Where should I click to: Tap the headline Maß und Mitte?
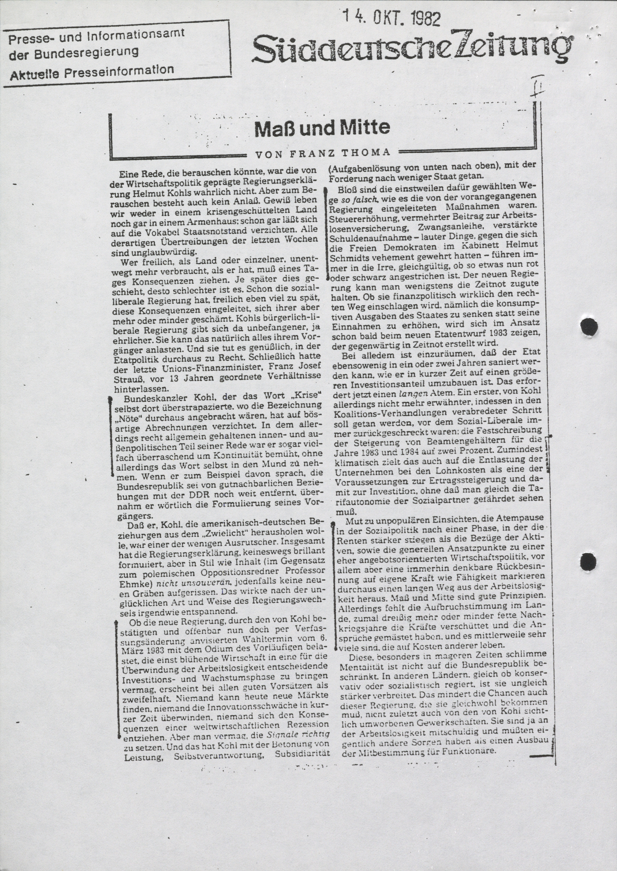coord(322,128)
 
